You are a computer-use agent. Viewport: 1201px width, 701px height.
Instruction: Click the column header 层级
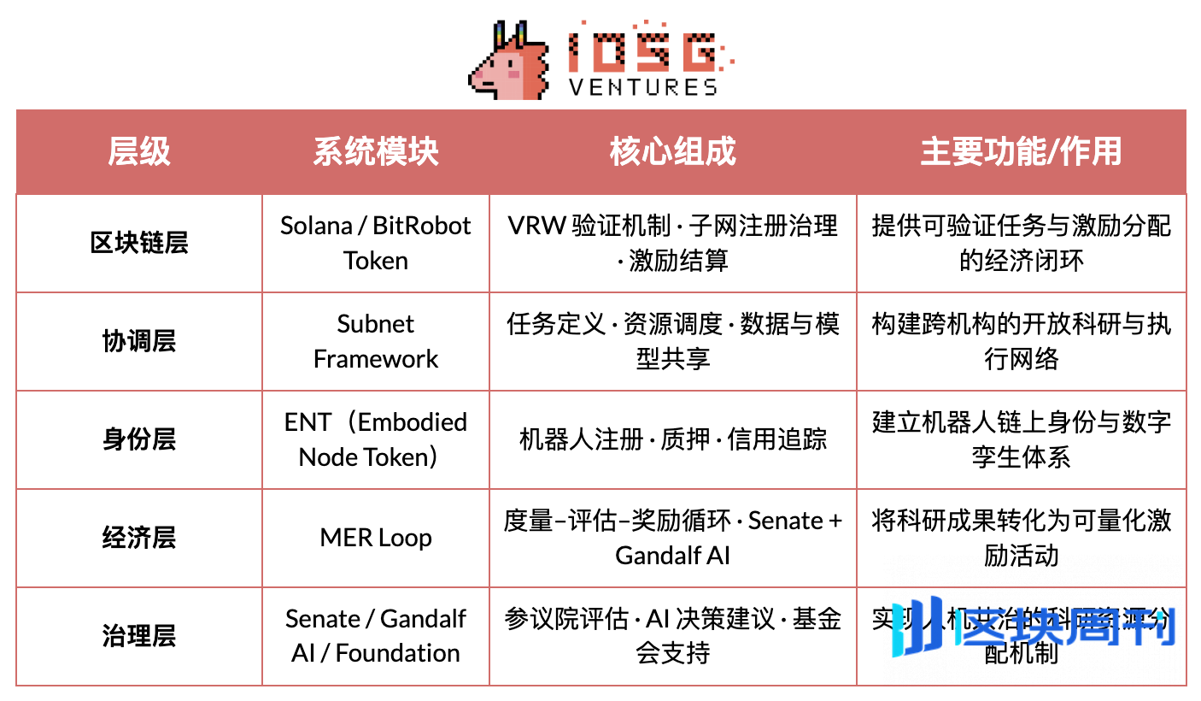point(138,152)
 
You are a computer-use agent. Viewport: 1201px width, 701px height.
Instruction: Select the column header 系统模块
point(376,152)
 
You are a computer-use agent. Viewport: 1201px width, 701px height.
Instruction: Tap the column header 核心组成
point(673,152)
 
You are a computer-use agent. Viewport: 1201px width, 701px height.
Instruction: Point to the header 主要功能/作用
point(1021,152)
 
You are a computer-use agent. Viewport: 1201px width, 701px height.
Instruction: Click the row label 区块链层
point(138,244)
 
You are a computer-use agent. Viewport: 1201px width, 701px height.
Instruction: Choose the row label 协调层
point(138,341)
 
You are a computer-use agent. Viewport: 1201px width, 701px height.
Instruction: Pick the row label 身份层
point(138,439)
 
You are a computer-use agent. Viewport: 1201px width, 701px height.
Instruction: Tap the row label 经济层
point(138,538)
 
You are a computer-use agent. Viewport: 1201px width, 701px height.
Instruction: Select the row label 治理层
point(138,636)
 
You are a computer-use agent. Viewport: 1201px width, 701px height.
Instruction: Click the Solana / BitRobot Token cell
point(376,243)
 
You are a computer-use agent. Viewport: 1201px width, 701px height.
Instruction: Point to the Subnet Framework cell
point(376,341)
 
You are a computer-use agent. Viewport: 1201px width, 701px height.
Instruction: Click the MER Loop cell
point(376,538)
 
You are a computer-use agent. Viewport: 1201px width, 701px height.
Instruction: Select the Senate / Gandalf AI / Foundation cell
point(376,636)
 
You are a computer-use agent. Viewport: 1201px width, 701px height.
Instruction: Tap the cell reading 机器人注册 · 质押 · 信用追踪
point(673,439)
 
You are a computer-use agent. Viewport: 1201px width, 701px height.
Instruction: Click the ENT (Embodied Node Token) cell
point(376,439)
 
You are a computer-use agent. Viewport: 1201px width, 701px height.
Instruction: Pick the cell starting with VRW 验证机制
point(673,243)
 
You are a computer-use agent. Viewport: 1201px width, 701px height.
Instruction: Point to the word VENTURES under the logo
point(643,87)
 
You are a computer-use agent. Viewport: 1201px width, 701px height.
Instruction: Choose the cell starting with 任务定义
point(673,341)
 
